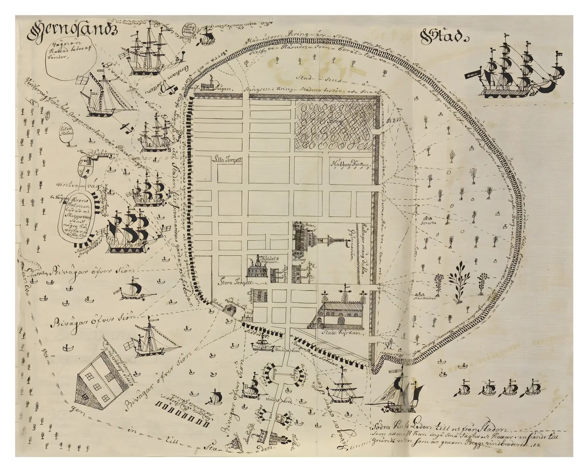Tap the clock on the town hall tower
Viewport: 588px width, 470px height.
258,261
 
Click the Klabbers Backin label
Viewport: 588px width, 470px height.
351,165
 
